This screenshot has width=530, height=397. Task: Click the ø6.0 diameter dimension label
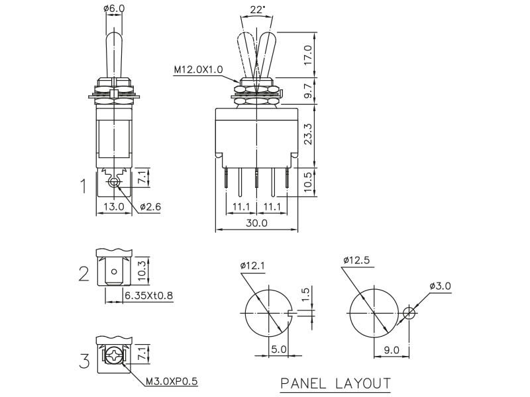(114, 9)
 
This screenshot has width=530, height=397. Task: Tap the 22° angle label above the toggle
(258, 9)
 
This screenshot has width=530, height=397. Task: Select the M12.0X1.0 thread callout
(199, 68)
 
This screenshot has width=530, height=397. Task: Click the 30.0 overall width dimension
(256, 224)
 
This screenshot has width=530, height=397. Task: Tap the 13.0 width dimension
(114, 207)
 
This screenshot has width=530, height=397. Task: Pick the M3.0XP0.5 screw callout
(172, 381)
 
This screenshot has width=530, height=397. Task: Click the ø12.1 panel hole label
(252, 266)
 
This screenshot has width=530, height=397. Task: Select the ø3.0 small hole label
(440, 285)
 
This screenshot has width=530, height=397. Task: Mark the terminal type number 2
(83, 273)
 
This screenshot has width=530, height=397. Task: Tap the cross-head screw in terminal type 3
(115, 358)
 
